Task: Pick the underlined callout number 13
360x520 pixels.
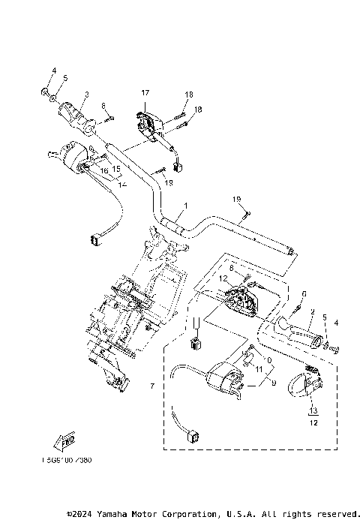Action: [x=313, y=410]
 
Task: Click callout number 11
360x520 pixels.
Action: [x=259, y=370]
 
